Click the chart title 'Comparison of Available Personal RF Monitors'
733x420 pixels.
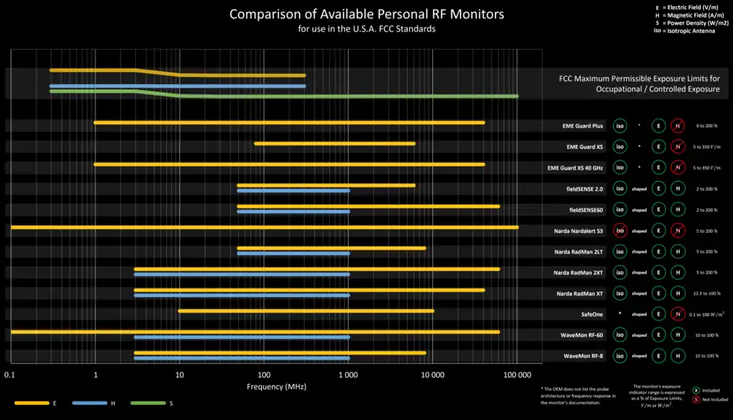click(x=366, y=15)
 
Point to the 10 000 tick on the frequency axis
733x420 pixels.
click(x=433, y=374)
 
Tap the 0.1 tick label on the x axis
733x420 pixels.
click(x=10, y=374)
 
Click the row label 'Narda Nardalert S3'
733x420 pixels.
click(x=578, y=231)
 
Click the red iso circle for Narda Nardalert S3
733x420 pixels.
click(x=619, y=230)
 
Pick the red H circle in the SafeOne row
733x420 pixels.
click(x=677, y=314)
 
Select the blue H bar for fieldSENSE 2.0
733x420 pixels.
click(x=293, y=190)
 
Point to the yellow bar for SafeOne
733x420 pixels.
click(x=305, y=311)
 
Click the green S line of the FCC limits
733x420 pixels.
click(x=344, y=96)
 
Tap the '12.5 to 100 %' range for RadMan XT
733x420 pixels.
click(x=706, y=293)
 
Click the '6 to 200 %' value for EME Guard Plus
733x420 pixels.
click(x=706, y=125)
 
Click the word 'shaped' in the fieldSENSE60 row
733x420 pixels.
click(x=639, y=209)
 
